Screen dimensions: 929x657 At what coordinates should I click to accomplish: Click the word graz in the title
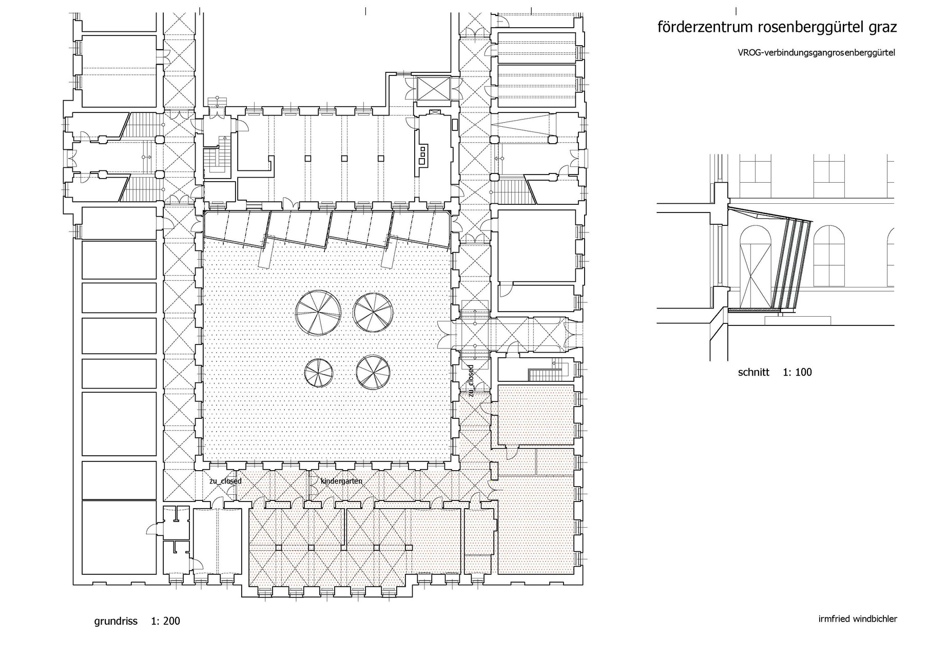tap(882, 28)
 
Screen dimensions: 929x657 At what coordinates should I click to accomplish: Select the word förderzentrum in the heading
tap(706, 27)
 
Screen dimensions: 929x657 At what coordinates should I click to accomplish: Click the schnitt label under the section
tap(753, 372)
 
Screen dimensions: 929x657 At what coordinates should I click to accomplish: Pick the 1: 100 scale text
tap(797, 372)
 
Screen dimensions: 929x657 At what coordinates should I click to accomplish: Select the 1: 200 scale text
tap(165, 621)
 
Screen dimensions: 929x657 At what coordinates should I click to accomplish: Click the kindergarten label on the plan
tap(341, 481)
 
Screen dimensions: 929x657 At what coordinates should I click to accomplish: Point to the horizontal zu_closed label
tap(225, 481)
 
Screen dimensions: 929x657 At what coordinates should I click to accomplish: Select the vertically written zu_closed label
tap(470, 380)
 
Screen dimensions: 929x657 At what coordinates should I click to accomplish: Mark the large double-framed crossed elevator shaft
tap(434, 89)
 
